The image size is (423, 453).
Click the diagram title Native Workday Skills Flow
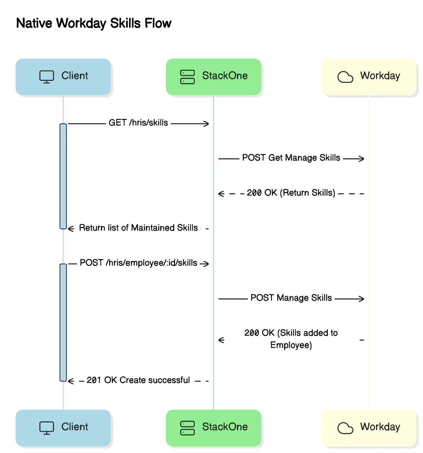pyautogui.click(x=94, y=23)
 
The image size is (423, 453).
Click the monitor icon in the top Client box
pyautogui.click(x=47, y=77)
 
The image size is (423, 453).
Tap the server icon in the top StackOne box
pyautogui.click(x=188, y=77)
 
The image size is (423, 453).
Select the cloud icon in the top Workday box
pyautogui.click(x=345, y=77)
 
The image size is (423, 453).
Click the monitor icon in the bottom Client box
pyautogui.click(x=47, y=428)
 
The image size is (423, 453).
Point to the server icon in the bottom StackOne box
pyautogui.click(x=188, y=428)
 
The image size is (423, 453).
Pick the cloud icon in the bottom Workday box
pyautogui.click(x=345, y=428)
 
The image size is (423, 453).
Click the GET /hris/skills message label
pyautogui.click(x=138, y=123)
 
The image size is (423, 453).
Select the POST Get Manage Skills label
pyautogui.click(x=291, y=158)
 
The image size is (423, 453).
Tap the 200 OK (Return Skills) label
pyautogui.click(x=291, y=193)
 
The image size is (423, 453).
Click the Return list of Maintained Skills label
pyautogui.click(x=138, y=228)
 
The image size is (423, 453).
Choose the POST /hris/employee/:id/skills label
pyautogui.click(x=138, y=263)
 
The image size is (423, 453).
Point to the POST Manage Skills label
pyautogui.click(x=291, y=298)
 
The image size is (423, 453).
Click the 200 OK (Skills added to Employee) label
pyautogui.click(x=291, y=339)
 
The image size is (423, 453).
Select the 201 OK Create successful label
pyautogui.click(x=138, y=380)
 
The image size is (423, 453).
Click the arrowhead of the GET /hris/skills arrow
pyautogui.click(x=206, y=124)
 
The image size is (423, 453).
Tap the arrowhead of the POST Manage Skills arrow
pyautogui.click(x=361, y=299)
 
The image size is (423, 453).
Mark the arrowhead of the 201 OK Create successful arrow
pyautogui.click(x=71, y=381)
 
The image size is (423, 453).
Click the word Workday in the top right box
pyautogui.click(x=380, y=76)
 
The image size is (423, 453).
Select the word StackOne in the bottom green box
pyautogui.click(x=225, y=427)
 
